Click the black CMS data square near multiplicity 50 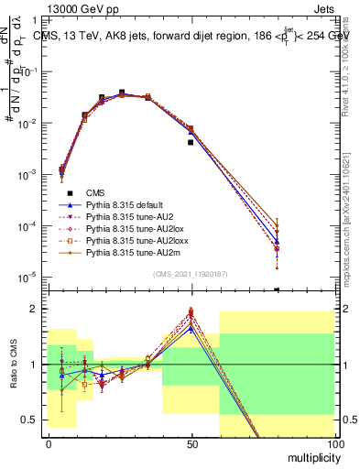coord(191,143)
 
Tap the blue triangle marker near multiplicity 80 coord(277,242)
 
